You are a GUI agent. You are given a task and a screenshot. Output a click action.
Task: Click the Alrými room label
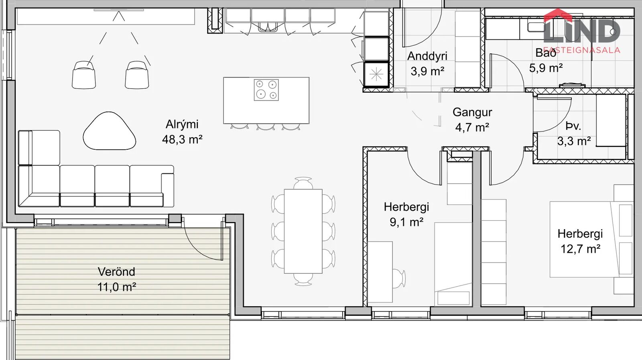coord(182,125)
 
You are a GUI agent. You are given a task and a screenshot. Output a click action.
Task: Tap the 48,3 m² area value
coord(182,140)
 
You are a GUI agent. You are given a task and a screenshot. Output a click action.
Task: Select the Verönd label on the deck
coord(116,272)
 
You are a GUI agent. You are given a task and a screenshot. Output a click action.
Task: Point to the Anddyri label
coord(427,57)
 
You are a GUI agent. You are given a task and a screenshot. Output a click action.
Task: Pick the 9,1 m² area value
coord(406,222)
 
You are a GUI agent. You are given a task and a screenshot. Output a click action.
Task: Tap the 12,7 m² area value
coord(580,249)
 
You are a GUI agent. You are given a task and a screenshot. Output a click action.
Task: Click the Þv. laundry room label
coord(573,126)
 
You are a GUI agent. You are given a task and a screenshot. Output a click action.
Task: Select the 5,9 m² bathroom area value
coord(546,68)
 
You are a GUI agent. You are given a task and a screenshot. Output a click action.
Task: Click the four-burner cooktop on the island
coord(266,90)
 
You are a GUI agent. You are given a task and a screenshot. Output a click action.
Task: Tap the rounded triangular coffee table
coord(110,131)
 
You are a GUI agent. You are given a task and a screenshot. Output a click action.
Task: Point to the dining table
coord(303,231)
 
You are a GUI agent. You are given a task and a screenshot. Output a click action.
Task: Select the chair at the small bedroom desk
coord(399,278)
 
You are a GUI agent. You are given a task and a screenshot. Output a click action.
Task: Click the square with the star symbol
coord(376,75)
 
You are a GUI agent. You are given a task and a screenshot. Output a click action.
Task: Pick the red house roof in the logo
coord(558,15)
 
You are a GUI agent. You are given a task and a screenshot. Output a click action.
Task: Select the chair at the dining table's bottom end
coord(303,279)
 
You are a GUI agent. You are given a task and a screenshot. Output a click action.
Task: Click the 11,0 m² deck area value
coord(117,287)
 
